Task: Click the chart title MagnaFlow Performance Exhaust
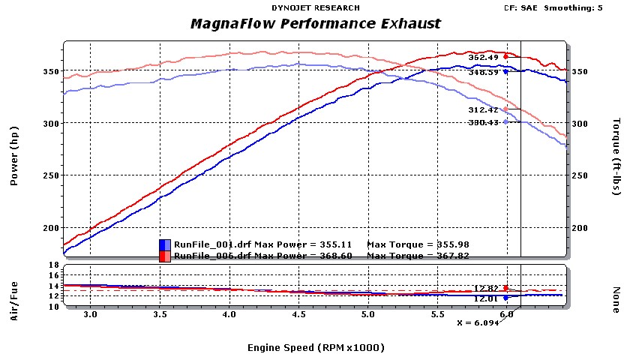click(x=316, y=24)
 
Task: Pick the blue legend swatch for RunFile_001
click(x=165, y=244)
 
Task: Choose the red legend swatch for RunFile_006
click(x=165, y=256)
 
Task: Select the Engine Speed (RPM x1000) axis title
click(x=315, y=347)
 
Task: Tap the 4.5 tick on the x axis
click(x=298, y=316)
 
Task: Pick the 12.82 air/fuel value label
click(x=486, y=288)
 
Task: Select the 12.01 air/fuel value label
click(x=486, y=298)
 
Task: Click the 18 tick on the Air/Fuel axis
click(x=53, y=265)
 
